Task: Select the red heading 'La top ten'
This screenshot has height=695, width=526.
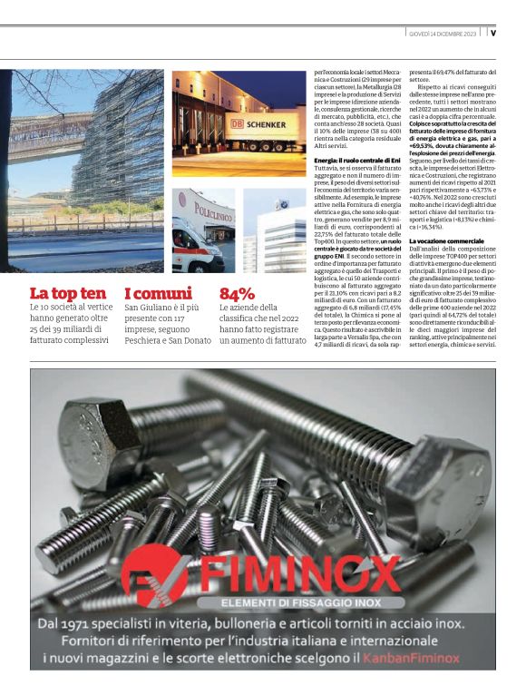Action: click(67, 294)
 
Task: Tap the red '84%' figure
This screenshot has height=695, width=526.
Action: click(238, 294)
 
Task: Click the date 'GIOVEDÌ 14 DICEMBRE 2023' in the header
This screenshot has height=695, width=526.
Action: click(443, 34)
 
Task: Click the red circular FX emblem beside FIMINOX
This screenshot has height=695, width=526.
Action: click(153, 574)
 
